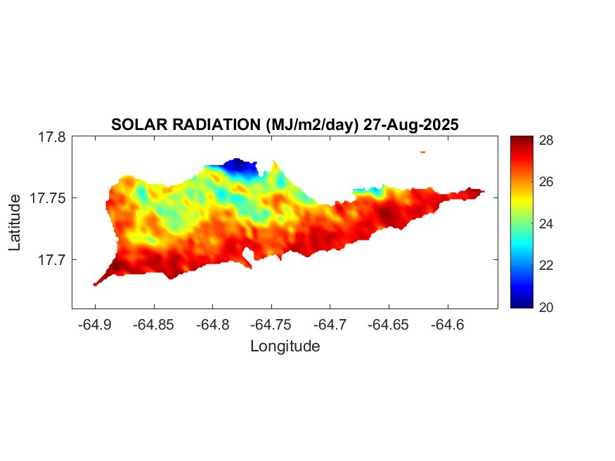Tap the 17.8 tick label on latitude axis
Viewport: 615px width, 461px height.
[x=51, y=137]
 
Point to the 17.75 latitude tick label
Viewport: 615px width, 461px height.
[x=48, y=198]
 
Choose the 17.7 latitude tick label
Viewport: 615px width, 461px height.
[x=51, y=259]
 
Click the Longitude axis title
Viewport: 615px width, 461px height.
[x=285, y=346]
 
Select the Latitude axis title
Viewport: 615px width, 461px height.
[x=15, y=223]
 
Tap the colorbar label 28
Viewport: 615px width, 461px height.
[x=546, y=140]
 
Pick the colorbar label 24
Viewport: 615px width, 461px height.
[x=546, y=223]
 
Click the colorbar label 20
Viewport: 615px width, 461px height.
[x=546, y=307]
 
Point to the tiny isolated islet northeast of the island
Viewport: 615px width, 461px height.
[x=422, y=151]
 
